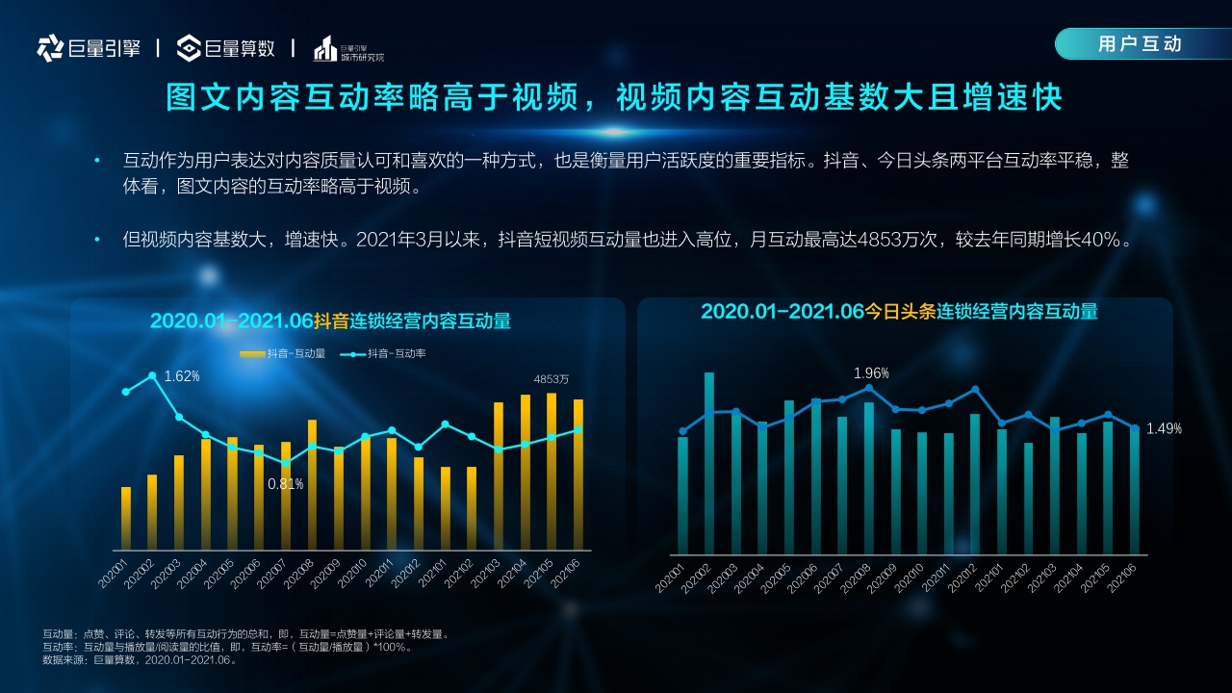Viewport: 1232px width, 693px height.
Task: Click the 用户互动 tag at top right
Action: (x=1140, y=44)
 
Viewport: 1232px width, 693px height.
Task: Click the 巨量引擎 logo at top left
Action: (x=89, y=48)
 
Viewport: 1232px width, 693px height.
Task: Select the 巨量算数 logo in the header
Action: (x=227, y=48)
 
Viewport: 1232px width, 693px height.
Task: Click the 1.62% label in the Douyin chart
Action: (x=182, y=376)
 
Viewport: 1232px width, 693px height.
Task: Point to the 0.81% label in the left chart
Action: (x=285, y=484)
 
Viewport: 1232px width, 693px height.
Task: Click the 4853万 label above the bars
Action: (x=552, y=379)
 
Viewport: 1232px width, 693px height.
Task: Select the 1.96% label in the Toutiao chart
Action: (x=871, y=373)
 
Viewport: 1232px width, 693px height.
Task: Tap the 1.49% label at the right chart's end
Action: (x=1164, y=429)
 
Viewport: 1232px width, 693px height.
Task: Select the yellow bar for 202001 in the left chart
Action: (x=126, y=518)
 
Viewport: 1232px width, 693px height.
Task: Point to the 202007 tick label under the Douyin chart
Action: (x=272, y=575)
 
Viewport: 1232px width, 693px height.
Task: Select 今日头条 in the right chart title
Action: (x=899, y=312)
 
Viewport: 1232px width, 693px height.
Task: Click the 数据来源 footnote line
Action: (x=141, y=660)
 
